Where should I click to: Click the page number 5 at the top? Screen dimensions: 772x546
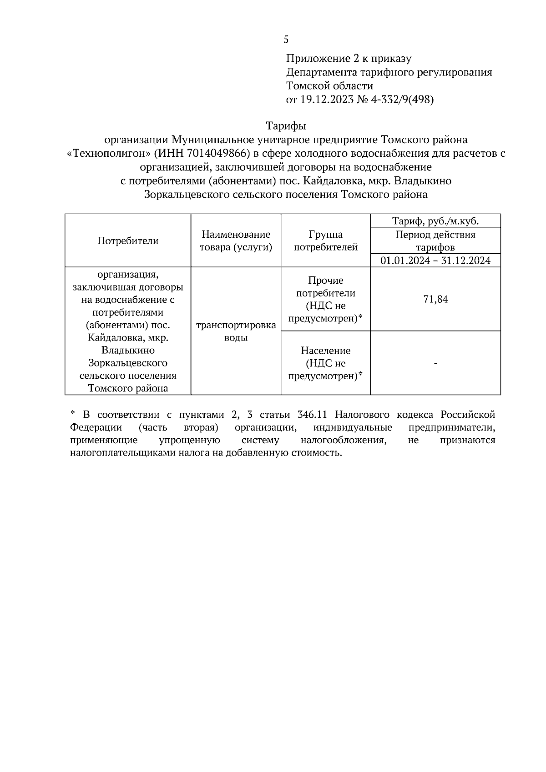tap(286, 40)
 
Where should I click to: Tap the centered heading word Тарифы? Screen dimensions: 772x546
tap(286, 125)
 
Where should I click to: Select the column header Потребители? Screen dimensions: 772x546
tap(128, 241)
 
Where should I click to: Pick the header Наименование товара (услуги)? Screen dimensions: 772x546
tap(236, 241)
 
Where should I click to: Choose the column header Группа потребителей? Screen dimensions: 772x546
tap(326, 241)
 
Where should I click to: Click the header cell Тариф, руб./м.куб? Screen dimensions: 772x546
tap(435, 221)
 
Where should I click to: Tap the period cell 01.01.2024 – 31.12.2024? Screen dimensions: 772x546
tap(435, 261)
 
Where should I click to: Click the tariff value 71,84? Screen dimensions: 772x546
tap(435, 299)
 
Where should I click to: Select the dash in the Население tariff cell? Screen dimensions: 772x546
tap(435, 363)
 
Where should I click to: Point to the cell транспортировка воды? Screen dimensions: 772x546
tap(236, 331)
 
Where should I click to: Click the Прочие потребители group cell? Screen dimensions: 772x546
tap(326, 299)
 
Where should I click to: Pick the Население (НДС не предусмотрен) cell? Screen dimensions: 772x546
tap(326, 363)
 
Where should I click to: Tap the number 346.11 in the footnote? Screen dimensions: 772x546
tap(313, 415)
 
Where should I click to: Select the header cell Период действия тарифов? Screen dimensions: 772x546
tap(435, 241)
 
